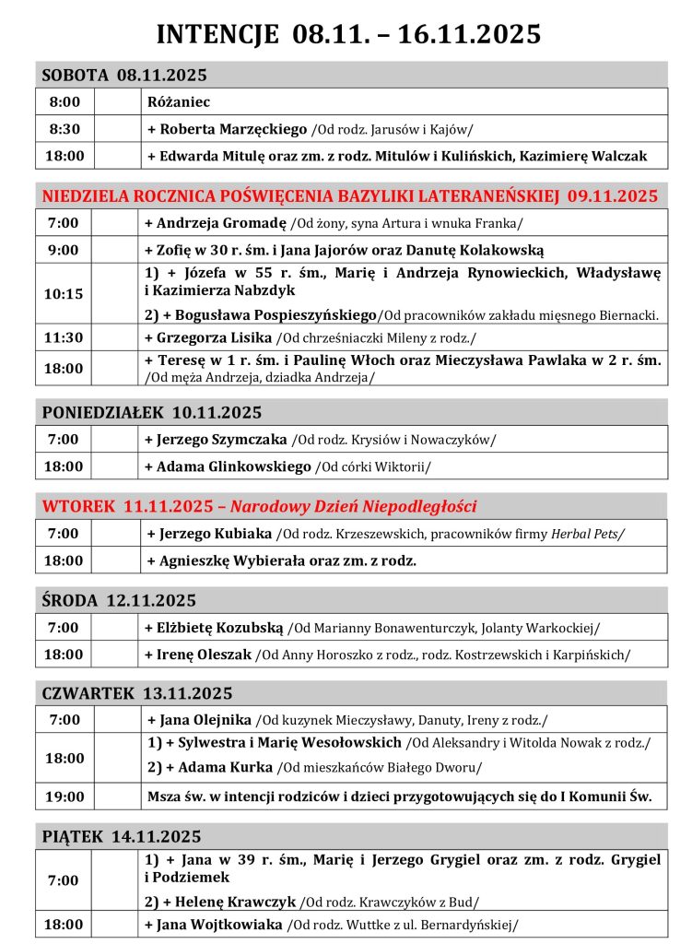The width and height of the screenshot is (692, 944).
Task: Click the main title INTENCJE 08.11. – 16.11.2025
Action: tap(348, 34)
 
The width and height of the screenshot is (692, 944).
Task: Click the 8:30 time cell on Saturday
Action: tap(65, 129)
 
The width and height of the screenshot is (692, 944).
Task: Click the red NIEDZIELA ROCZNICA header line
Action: tap(349, 195)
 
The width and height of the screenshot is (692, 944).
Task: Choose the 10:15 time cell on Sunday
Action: tap(65, 294)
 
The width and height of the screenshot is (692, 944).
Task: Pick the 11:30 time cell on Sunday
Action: tap(65, 338)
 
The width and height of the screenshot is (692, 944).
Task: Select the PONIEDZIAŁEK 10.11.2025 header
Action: tap(152, 412)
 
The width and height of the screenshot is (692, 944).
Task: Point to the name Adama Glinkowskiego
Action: tap(234, 466)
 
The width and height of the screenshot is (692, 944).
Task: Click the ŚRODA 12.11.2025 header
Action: tap(119, 601)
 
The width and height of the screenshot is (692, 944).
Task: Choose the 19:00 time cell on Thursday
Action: tap(65, 796)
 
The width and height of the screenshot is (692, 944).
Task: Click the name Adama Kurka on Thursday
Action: tap(226, 767)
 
